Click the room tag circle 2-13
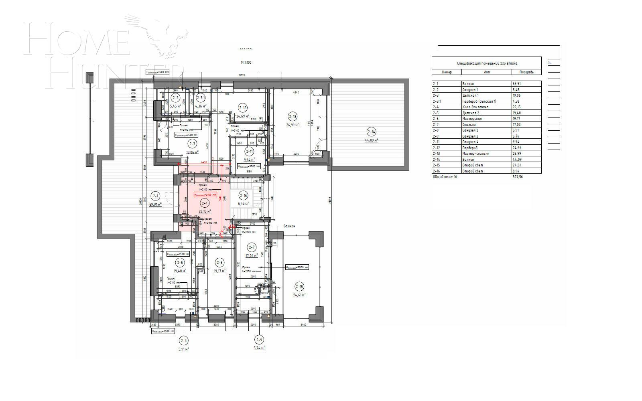[x=293, y=117]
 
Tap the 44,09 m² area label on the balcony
[x=371, y=140]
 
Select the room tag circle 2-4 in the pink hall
[x=205, y=203]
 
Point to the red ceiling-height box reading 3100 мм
[x=205, y=194]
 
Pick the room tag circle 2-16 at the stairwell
[x=243, y=196]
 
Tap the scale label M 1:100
[x=246, y=63]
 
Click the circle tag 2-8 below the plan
[x=184, y=341]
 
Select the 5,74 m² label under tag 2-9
[x=259, y=348]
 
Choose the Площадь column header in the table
[x=526, y=72]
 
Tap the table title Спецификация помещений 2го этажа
[x=487, y=63]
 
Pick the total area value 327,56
[x=518, y=176]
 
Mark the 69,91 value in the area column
[x=517, y=84]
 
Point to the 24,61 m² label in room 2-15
[x=299, y=295]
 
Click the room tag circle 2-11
[x=249, y=152]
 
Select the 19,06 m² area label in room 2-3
[x=193, y=152]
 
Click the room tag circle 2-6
[x=219, y=263]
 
